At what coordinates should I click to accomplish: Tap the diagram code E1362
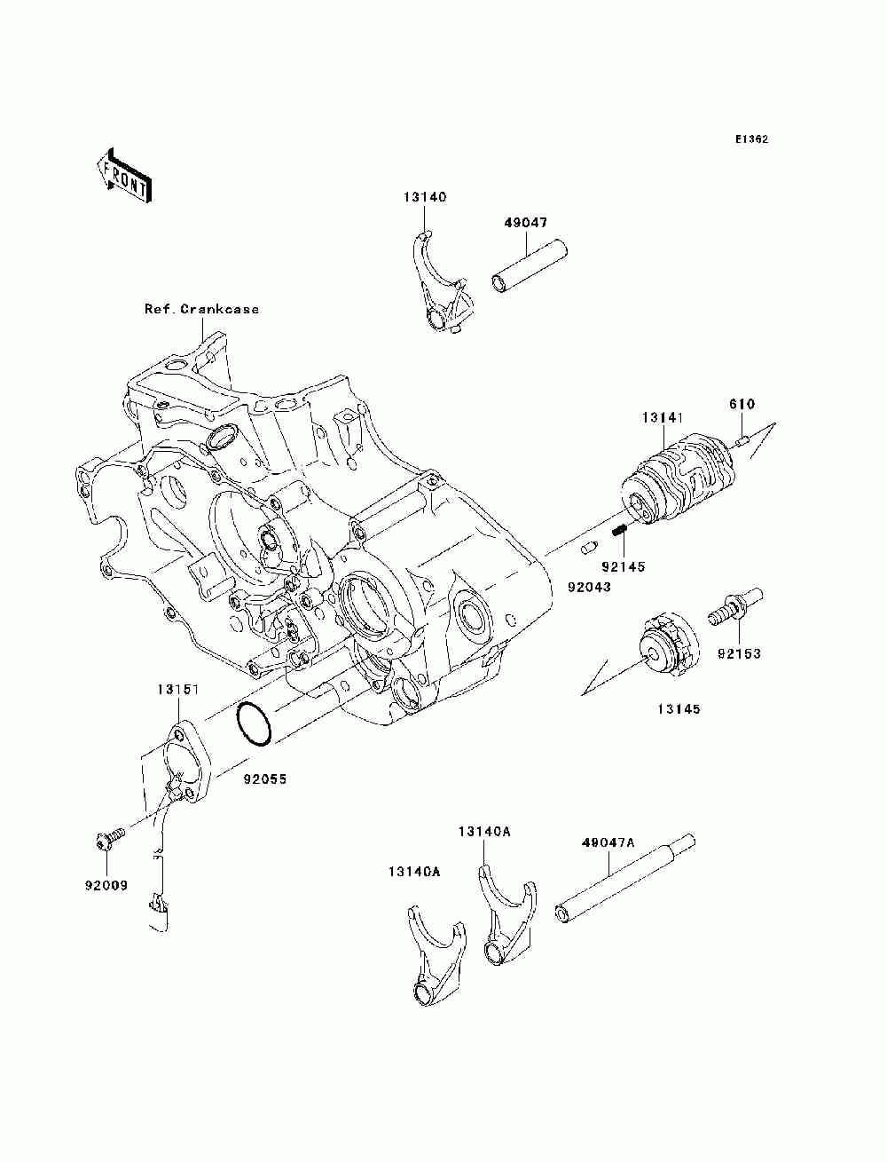pos(751,139)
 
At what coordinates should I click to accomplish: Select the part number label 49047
pos(525,223)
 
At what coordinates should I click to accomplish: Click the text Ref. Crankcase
pos(202,309)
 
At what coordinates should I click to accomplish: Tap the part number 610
pos(742,405)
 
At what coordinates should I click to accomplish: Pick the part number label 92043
pos(589,587)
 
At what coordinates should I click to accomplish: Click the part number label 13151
pos(177,690)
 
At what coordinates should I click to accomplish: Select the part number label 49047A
pos(608,842)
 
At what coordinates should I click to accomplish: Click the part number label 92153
pos(739,653)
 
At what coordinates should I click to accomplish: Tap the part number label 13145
pos(679,709)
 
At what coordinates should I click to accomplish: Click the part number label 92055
pos(265,779)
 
